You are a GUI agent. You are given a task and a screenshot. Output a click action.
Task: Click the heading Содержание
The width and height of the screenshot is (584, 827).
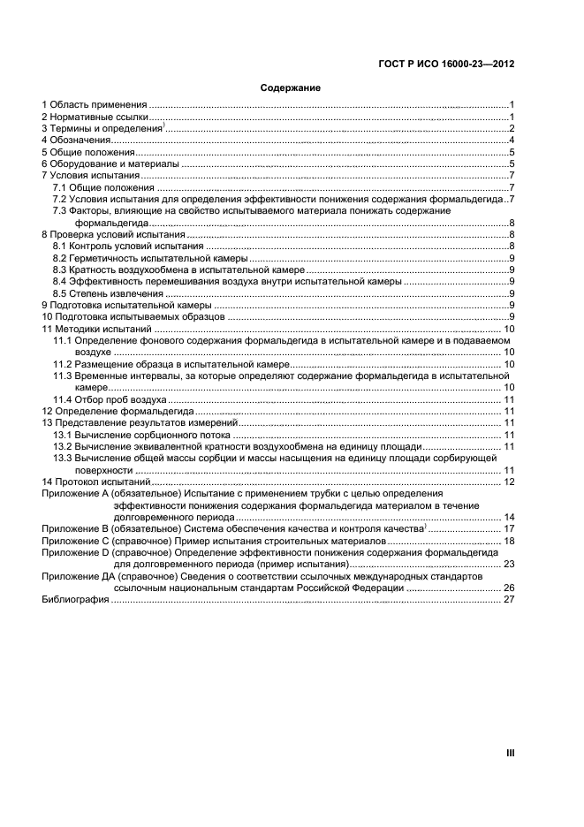pos(290,88)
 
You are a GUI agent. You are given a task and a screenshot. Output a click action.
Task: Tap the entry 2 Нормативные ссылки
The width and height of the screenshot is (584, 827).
pos(95,117)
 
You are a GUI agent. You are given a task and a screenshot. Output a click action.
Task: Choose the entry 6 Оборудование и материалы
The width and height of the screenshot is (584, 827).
pos(111,164)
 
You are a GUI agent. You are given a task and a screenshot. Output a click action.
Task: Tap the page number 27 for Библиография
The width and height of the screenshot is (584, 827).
pos(508,599)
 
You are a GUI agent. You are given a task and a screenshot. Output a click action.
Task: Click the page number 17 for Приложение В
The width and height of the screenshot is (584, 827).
pos(509,528)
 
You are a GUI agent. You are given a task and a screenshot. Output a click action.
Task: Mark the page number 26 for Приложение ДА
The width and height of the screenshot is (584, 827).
pos(509,588)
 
